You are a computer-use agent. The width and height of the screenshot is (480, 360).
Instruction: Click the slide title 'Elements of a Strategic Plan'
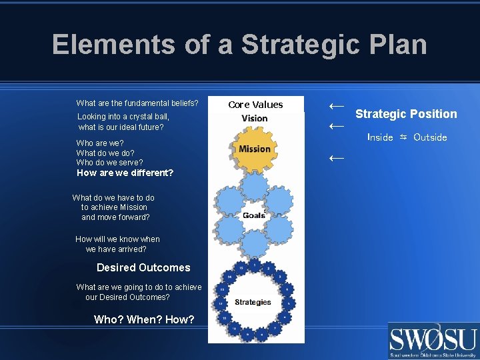(x=239, y=45)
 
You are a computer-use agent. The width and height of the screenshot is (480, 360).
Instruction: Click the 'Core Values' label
(x=255, y=105)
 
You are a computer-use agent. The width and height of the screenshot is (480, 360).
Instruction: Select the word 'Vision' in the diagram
(x=255, y=119)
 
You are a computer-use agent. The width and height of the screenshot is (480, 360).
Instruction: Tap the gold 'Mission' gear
(x=255, y=149)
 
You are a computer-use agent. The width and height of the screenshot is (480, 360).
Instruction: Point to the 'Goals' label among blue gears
(x=253, y=215)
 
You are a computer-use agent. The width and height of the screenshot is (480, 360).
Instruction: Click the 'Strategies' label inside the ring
(x=253, y=302)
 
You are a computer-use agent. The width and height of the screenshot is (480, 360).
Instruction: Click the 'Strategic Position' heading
(x=406, y=114)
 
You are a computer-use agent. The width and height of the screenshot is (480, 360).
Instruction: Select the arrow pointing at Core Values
(x=337, y=105)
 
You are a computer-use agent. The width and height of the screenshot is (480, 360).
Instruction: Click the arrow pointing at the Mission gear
(x=337, y=158)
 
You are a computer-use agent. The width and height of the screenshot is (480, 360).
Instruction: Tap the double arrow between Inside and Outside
(x=403, y=137)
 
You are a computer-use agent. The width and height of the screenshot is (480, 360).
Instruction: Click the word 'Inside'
(x=380, y=137)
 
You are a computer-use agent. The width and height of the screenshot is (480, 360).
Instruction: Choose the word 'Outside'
(x=430, y=137)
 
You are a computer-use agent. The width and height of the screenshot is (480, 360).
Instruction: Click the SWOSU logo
(x=433, y=341)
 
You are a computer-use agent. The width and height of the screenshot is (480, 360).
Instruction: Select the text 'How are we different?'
(x=125, y=173)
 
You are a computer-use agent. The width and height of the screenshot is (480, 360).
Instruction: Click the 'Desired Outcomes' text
(x=143, y=267)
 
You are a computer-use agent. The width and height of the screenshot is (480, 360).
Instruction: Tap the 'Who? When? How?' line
(x=144, y=319)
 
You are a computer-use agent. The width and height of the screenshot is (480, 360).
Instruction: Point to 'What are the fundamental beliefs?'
(x=137, y=103)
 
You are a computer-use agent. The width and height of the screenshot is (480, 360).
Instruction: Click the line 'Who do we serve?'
(x=109, y=162)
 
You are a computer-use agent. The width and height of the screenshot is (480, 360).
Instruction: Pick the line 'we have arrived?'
(x=116, y=249)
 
